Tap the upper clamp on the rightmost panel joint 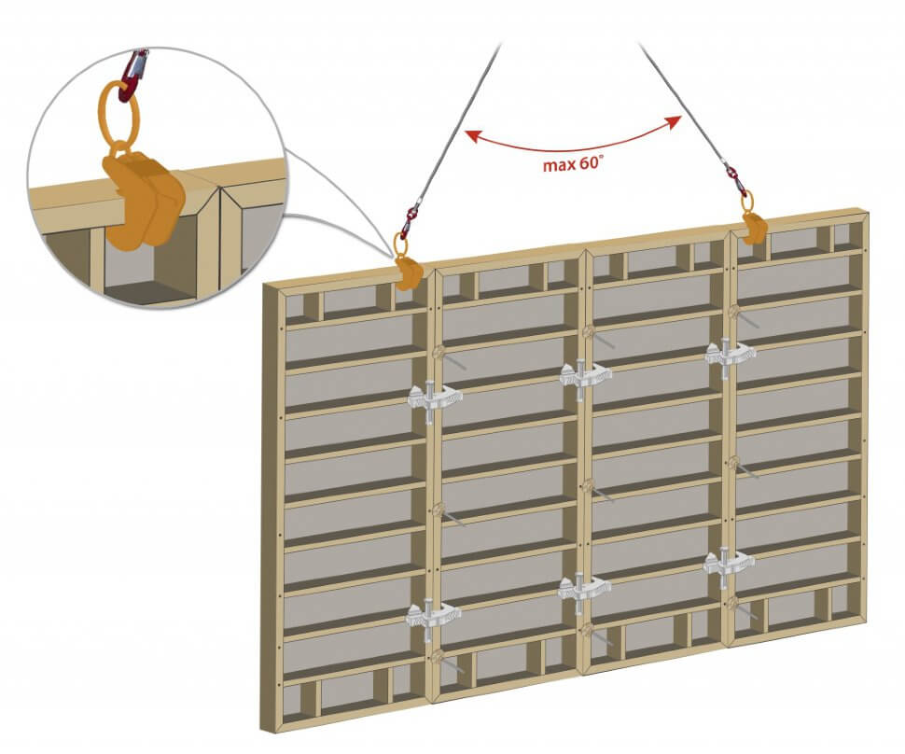click(729, 354)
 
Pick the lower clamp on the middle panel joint click(584, 587)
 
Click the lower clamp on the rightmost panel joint click(729, 562)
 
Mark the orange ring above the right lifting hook click(745, 200)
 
